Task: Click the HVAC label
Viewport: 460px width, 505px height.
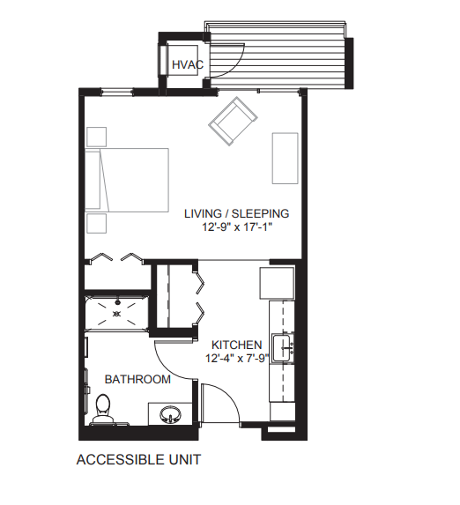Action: tap(188, 64)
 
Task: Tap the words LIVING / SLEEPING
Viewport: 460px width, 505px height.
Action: tap(237, 213)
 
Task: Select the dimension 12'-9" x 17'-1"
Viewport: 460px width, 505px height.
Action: tap(237, 227)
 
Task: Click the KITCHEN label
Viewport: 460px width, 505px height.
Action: tap(237, 345)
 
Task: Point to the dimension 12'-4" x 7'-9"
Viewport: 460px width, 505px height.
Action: tap(237, 358)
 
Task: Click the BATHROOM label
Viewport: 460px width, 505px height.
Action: tap(137, 379)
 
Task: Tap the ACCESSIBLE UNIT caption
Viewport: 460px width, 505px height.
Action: tap(139, 459)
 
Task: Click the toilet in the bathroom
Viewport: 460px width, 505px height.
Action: tap(103, 410)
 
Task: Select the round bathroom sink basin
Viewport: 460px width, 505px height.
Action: tap(170, 414)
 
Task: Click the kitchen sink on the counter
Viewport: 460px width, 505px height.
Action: tap(283, 348)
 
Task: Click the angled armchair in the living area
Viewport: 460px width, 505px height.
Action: tap(233, 122)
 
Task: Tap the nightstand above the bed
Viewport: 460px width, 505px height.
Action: tap(97, 137)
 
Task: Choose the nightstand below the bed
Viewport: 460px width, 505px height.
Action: tap(97, 224)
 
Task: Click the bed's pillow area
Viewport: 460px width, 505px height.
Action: tap(93, 180)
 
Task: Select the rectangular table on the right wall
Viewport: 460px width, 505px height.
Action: tap(286, 158)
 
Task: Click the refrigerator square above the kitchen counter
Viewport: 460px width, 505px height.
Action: tap(277, 283)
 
